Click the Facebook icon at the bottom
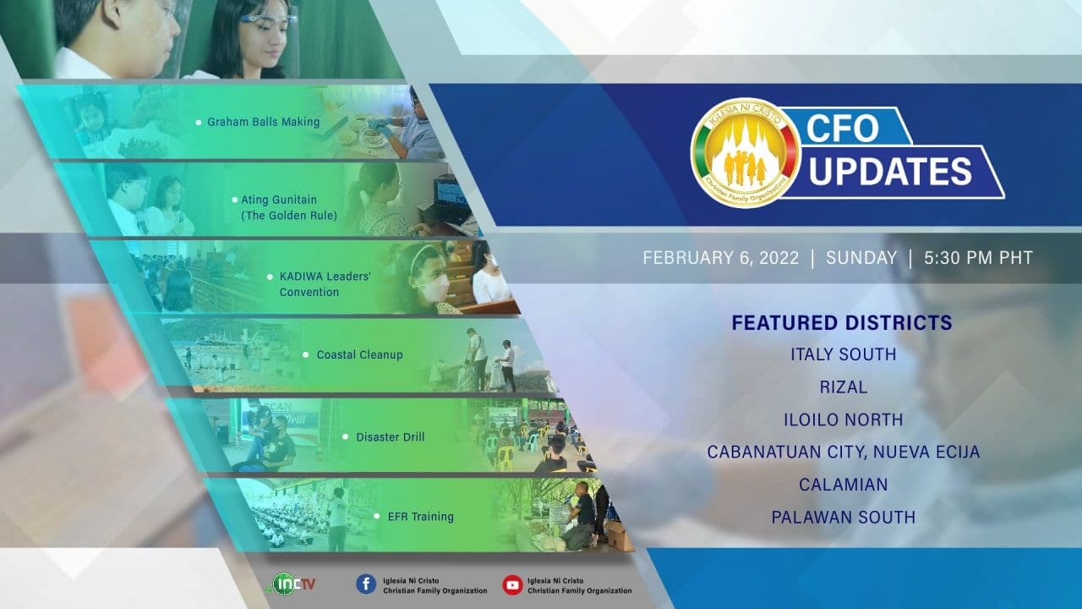tap(366, 584)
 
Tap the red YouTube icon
tap(512, 584)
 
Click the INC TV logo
tap(291, 584)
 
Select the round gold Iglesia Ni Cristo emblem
tap(745, 153)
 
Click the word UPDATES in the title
tap(890, 171)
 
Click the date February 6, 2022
tap(721, 258)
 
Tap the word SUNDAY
tap(861, 258)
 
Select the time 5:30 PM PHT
tap(979, 258)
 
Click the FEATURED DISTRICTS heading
tap(842, 323)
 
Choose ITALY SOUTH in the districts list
tap(844, 354)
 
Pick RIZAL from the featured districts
tap(844, 387)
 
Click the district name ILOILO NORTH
tap(844, 420)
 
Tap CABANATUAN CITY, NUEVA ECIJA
tap(844, 452)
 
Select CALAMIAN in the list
tap(844, 485)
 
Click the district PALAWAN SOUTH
tap(844, 517)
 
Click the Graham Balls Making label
tap(263, 122)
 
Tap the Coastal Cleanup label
tap(359, 354)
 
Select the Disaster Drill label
tap(391, 437)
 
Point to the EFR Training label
tap(421, 517)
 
